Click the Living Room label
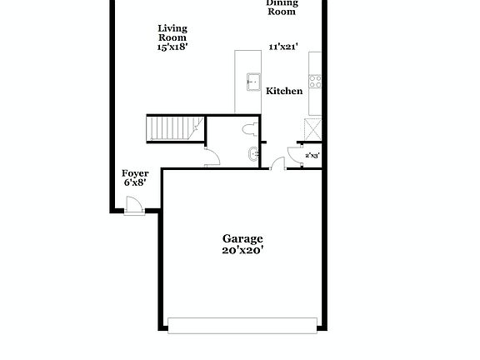tap(172, 32)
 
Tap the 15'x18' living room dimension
tap(172, 47)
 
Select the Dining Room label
tap(282, 7)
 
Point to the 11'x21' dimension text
tap(283, 47)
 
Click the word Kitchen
tap(284, 91)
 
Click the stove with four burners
tap(316, 82)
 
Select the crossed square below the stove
tap(314, 128)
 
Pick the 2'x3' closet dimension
tap(313, 155)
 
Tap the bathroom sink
tap(253, 153)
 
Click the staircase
tap(174, 127)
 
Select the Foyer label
tap(135, 173)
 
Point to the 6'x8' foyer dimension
tap(135, 182)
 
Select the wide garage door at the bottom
tap(242, 323)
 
